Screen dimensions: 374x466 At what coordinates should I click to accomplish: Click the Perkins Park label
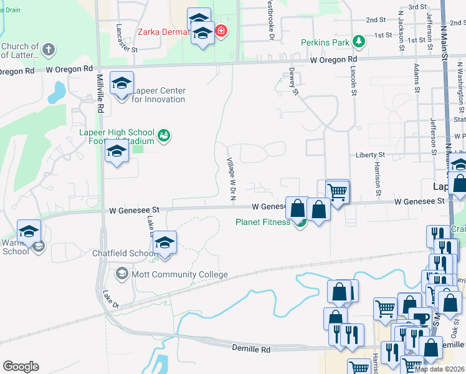tap(323, 42)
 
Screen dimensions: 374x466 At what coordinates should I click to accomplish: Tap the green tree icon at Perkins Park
tap(359, 42)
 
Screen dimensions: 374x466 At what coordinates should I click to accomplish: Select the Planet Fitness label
tap(262, 222)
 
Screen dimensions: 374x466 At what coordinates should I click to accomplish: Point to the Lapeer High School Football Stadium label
tap(117, 137)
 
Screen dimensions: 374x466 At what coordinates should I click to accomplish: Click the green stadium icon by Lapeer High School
tap(164, 135)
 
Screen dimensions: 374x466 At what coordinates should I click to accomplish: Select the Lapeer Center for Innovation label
tap(158, 95)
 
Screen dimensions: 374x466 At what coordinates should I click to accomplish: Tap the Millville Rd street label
tap(100, 93)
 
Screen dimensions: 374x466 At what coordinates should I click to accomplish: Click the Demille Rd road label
tap(252, 350)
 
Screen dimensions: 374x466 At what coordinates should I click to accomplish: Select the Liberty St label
tap(370, 155)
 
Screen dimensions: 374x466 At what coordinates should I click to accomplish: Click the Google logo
tap(21, 366)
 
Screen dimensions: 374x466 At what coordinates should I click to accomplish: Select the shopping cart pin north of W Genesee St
tap(337, 191)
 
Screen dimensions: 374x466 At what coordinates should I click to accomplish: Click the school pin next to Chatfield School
tap(164, 242)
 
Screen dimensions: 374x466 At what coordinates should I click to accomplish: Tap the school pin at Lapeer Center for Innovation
tap(121, 83)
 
